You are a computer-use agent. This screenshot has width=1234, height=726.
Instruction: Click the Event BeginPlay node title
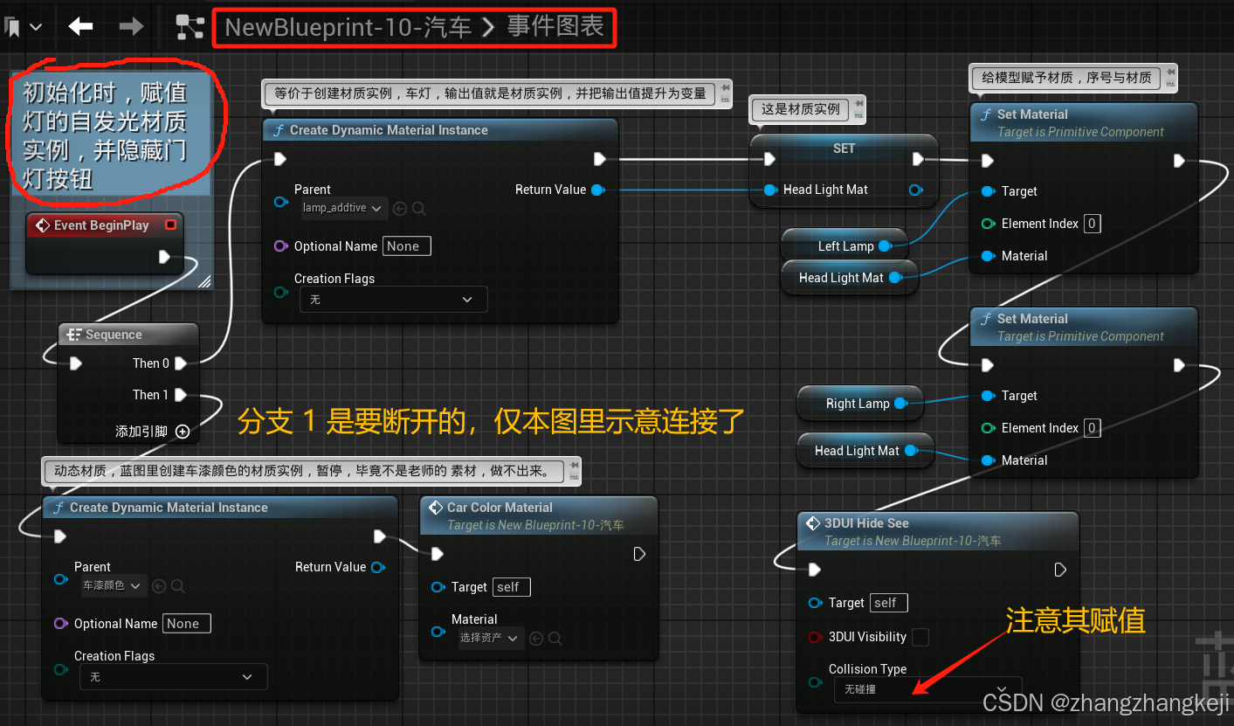point(101,225)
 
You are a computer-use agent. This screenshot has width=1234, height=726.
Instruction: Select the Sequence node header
point(114,335)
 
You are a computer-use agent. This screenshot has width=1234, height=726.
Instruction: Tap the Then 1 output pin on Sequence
point(181,395)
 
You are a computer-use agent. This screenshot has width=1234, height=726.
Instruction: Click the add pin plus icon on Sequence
point(183,431)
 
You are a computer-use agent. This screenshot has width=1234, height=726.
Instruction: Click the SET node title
point(844,149)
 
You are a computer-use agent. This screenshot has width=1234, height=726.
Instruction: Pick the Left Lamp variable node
point(845,246)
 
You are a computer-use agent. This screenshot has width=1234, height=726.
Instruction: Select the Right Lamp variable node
point(858,404)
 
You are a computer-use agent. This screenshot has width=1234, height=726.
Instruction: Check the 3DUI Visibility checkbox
point(920,637)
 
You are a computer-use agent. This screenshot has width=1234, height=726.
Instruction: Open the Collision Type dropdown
point(925,689)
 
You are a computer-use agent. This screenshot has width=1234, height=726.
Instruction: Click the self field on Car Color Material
point(511,587)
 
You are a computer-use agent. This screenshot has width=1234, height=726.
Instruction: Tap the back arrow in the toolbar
point(81,27)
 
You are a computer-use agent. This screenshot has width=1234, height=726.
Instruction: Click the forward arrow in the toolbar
point(131,27)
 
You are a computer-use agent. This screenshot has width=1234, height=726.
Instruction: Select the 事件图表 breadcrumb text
point(555,27)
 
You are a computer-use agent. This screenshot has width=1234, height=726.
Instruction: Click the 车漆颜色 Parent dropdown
point(113,585)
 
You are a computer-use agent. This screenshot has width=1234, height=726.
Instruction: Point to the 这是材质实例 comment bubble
point(800,109)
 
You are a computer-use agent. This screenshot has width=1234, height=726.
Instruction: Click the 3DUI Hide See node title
point(866,523)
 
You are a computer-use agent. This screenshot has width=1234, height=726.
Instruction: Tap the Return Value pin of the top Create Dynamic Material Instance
point(598,190)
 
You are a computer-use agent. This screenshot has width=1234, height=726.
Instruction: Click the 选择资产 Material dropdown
point(490,638)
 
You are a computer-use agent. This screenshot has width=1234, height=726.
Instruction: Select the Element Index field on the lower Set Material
point(1092,428)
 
